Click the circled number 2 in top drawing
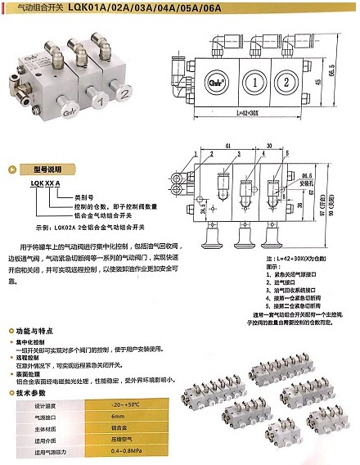(x=286, y=82)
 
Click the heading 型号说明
(x=43, y=169)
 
